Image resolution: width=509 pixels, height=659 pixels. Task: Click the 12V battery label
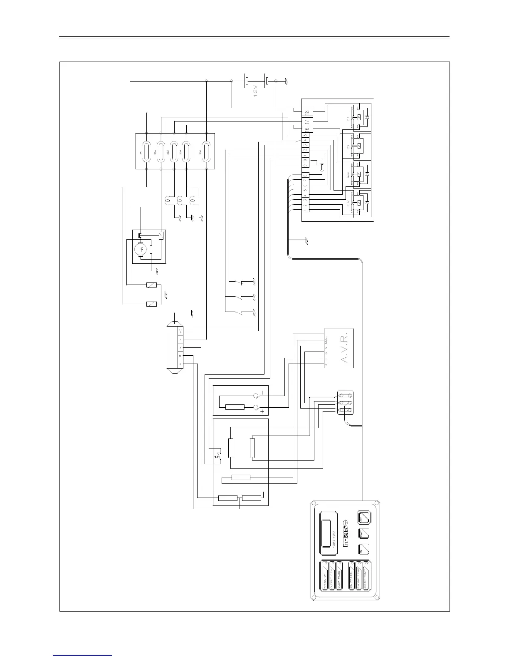(256, 91)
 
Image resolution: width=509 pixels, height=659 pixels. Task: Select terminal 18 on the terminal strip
(306, 112)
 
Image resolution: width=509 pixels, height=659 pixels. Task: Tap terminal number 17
(306, 122)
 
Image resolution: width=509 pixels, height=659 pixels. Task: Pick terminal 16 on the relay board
(306, 130)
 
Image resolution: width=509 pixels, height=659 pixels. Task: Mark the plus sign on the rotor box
(262, 411)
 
